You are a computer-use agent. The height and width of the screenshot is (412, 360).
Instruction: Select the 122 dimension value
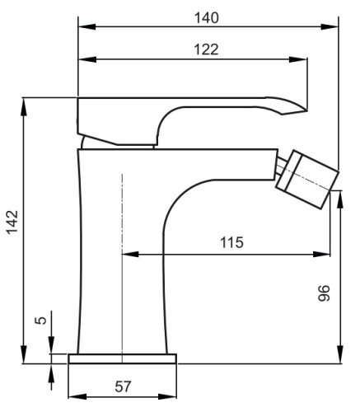[207, 49]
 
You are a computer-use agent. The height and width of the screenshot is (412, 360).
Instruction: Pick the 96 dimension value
[324, 293]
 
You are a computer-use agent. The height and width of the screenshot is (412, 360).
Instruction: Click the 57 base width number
[122, 386]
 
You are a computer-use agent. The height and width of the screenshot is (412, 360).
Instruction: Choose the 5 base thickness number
[40, 321]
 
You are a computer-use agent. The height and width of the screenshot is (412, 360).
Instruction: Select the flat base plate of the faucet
[122, 359]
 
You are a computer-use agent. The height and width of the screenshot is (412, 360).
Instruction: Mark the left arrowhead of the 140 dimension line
[84, 28]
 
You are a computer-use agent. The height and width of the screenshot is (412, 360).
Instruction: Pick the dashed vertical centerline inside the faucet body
[121, 264]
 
